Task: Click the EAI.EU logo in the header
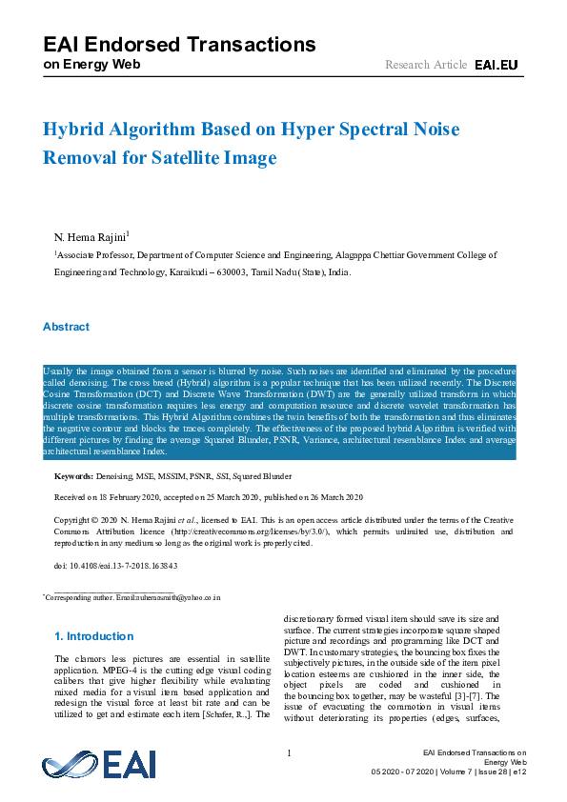496,65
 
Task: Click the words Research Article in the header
426,65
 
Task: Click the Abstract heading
66,327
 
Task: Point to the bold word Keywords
72,475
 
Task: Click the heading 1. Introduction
94,636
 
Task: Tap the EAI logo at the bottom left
99,764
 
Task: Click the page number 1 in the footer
289,753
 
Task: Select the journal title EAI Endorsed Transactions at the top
179,44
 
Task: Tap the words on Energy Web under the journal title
91,65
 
